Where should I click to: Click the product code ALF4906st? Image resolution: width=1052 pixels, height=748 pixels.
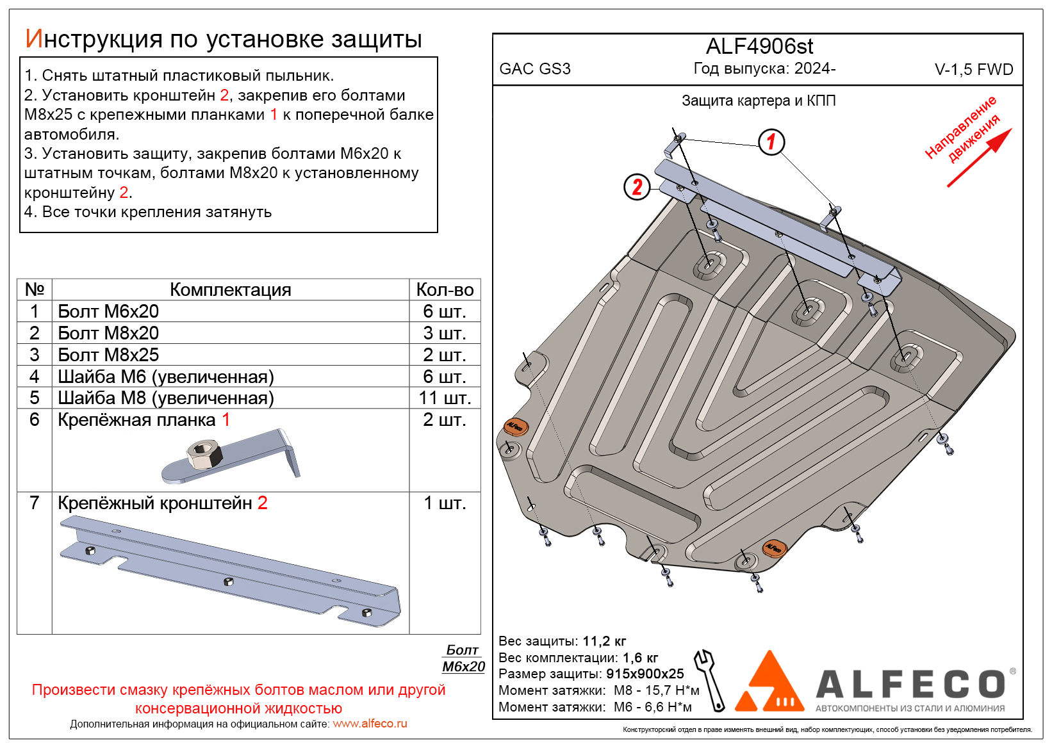point(759,47)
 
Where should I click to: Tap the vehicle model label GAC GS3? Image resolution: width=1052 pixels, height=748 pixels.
point(535,69)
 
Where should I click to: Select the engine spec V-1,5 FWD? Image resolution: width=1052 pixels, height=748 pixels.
point(973,70)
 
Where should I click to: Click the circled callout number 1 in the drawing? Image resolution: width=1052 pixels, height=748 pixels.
point(771,142)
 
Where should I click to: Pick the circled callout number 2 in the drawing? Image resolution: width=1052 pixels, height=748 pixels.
point(637,187)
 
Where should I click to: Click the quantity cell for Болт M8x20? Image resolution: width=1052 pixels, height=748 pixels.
point(445,333)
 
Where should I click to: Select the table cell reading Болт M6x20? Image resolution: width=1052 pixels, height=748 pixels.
point(108,311)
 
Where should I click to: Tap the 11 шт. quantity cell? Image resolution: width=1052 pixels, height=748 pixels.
point(445,398)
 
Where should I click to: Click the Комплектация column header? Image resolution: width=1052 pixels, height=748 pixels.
point(230,289)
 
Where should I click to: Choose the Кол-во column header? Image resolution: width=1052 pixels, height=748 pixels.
point(445,289)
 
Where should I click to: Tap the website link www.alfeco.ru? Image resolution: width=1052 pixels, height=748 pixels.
point(370,724)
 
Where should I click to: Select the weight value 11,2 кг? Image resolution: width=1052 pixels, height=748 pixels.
point(604,641)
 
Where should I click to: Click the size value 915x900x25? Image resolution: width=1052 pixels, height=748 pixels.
point(645,674)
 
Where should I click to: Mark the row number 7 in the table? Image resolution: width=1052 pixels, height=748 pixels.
point(35,503)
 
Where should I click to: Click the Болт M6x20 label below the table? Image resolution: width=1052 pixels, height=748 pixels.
point(463,658)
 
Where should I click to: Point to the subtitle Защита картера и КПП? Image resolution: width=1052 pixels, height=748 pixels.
point(759,101)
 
